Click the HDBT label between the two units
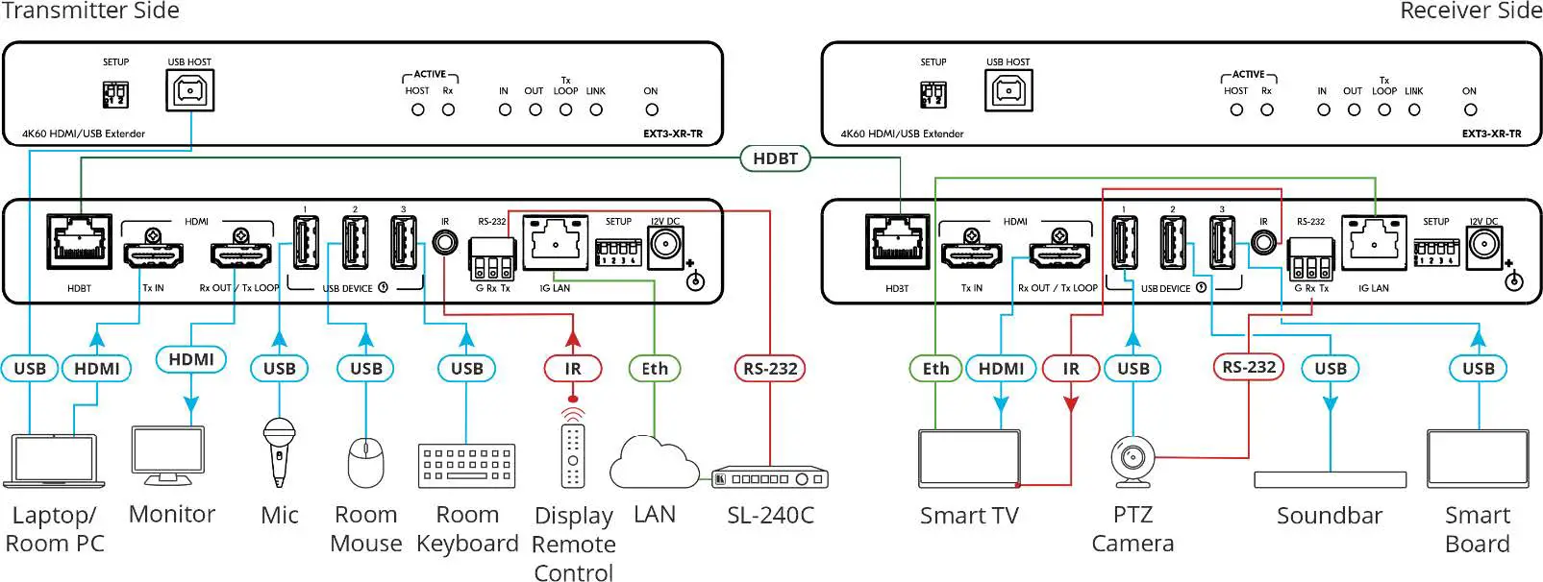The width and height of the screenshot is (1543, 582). point(775,158)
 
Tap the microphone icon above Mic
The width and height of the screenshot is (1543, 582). point(279,451)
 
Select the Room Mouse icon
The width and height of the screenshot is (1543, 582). point(365,462)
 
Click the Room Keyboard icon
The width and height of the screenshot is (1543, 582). point(466,465)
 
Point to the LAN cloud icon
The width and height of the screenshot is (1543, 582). point(654,463)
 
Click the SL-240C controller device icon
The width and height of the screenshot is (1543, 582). point(770,477)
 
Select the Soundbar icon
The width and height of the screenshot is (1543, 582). point(1330,479)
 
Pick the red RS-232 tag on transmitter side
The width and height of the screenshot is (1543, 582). point(770,368)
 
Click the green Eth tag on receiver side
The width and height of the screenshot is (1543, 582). point(935,368)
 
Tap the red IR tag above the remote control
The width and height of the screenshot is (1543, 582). point(573,368)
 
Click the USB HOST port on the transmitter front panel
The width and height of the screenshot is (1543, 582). point(189,92)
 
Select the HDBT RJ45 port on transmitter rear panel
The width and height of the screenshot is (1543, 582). point(79,241)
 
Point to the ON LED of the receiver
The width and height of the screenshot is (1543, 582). point(1469,109)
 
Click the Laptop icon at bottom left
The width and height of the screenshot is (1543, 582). point(54,462)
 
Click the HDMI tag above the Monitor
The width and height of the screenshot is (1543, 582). point(191,359)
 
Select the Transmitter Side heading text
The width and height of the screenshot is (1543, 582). point(90,12)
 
